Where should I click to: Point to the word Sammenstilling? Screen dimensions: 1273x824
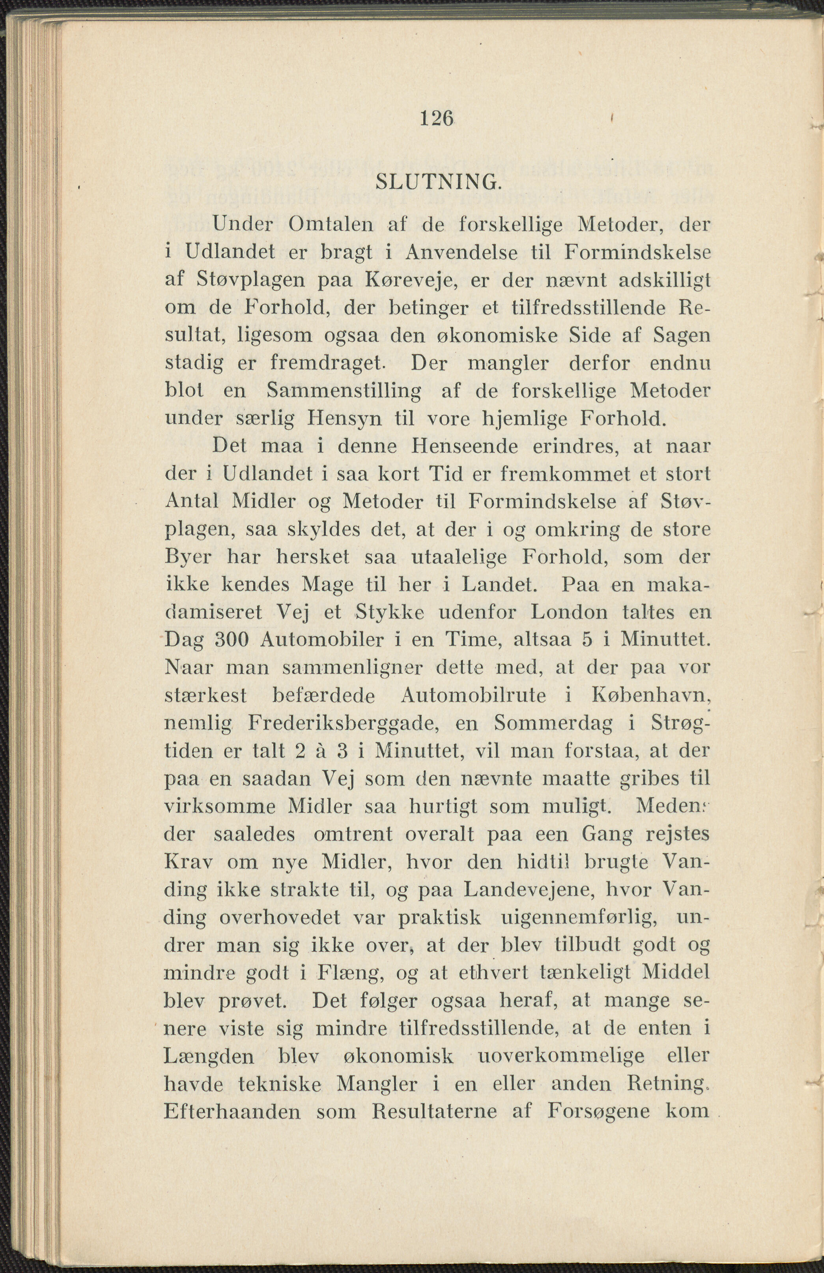[344, 391]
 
